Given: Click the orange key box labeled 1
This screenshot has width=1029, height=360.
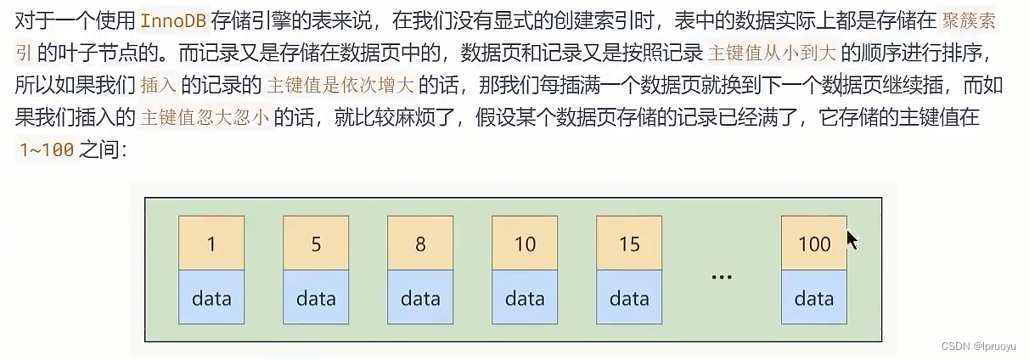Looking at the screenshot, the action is [x=211, y=243].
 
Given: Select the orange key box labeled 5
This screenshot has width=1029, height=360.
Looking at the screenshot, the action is [x=316, y=243].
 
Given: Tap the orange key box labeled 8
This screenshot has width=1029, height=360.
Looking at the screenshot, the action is [x=420, y=243].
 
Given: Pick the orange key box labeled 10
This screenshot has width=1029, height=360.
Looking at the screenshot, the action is [x=525, y=243].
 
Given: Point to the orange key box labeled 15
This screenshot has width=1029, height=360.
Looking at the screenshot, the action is [x=629, y=243].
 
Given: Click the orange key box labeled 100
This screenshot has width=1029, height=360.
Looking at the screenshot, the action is [x=814, y=243].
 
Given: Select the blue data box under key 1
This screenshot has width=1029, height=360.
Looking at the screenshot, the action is [x=211, y=297].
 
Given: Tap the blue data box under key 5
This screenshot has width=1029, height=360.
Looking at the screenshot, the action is [x=316, y=297].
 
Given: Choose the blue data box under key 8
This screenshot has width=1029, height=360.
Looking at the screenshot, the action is [x=420, y=297].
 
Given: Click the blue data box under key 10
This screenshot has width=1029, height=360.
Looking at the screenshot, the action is [x=525, y=297].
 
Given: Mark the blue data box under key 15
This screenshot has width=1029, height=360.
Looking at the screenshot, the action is [x=629, y=297].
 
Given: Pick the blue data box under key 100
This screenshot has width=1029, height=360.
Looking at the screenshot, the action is [x=814, y=297].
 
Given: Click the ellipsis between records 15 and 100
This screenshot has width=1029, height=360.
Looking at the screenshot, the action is [x=722, y=277].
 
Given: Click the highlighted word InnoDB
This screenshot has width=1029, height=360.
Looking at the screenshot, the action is [x=174, y=21].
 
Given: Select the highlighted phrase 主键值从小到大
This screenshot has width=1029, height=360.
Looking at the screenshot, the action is [x=771, y=53].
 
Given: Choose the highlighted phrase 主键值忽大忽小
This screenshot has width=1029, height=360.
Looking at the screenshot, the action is [x=205, y=117].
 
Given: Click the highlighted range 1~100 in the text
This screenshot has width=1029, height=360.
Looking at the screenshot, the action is [x=47, y=150].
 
